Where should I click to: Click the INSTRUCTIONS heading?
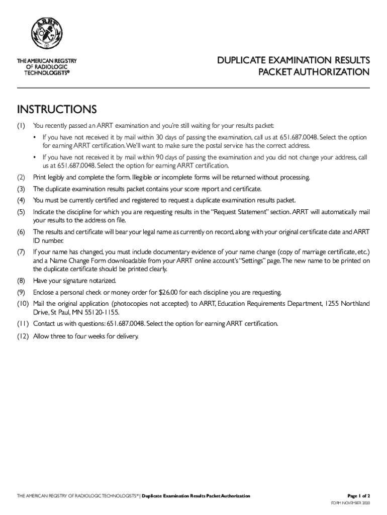click(x=56, y=109)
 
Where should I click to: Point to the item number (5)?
click(x=21, y=212)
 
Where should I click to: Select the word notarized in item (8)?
click(x=101, y=281)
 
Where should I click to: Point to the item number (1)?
click(x=21, y=125)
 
